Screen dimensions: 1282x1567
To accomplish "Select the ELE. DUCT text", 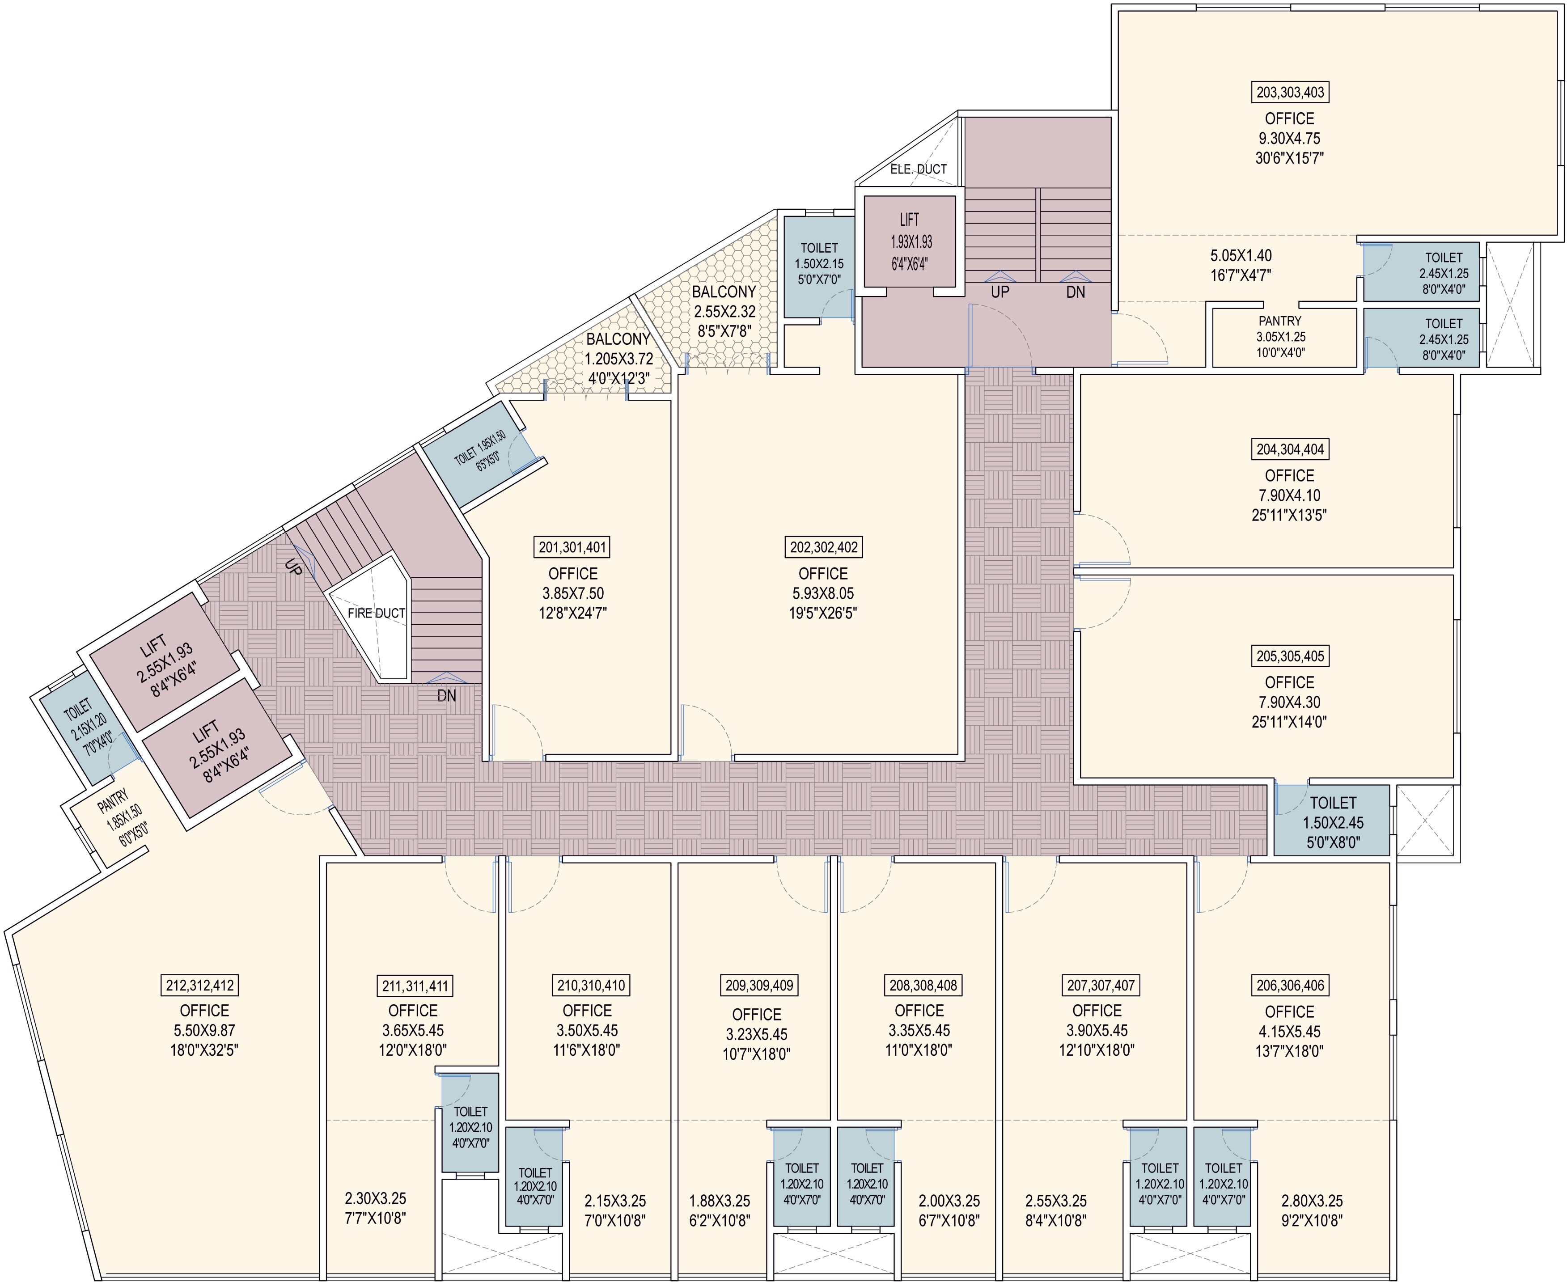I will pyautogui.click(x=918, y=169).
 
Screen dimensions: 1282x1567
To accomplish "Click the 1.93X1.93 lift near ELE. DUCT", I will pyautogui.click(x=909, y=241).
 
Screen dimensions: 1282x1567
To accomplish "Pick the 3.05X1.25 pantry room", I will pyautogui.click(x=1280, y=337).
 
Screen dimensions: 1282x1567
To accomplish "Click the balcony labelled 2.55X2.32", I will pyautogui.click(x=723, y=311).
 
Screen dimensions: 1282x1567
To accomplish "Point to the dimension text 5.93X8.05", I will pyautogui.click(x=823, y=593).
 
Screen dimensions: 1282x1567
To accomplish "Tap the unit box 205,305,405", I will pyautogui.click(x=1290, y=656).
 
